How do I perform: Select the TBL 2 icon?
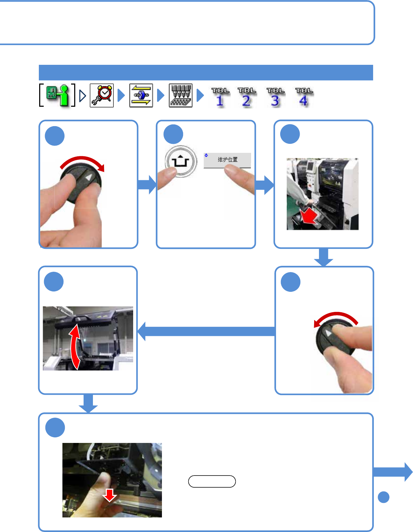(x=247, y=97)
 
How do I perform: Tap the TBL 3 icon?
(x=275, y=97)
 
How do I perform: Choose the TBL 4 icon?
(x=304, y=97)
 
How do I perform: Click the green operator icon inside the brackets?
(x=57, y=95)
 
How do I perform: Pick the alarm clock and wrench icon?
(x=102, y=95)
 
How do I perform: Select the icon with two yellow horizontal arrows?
(x=141, y=95)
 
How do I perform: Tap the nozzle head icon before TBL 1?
(x=181, y=95)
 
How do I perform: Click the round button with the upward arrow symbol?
(x=181, y=162)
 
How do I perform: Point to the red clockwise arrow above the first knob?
(x=83, y=162)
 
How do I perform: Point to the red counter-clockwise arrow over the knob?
(x=336, y=317)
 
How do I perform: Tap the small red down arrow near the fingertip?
(x=110, y=495)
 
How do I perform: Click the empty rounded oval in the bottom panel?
(x=212, y=481)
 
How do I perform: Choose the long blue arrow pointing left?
(x=206, y=331)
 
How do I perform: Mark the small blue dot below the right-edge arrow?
(x=384, y=497)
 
